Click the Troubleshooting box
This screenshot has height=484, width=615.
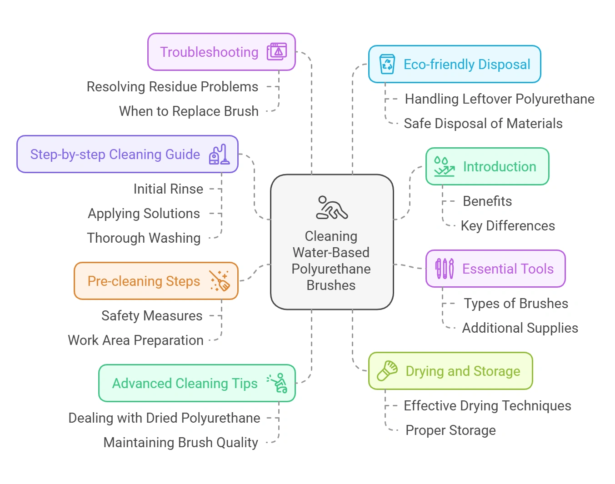coord(209,52)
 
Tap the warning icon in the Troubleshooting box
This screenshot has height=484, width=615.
coord(277,52)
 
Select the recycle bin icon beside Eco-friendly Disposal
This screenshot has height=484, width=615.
coord(387,64)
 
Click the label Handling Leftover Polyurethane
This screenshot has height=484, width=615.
coord(499,99)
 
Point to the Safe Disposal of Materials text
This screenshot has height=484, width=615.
coord(483,124)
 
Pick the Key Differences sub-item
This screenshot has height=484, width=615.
coord(507,226)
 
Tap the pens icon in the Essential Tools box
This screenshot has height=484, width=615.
coord(444,269)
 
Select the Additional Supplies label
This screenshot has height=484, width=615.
coord(520,328)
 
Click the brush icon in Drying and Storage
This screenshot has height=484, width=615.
coord(387,371)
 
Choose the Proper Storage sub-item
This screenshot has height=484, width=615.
coord(450,430)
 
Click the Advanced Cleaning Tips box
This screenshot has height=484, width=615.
coord(185,383)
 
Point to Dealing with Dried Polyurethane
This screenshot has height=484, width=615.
coord(164,418)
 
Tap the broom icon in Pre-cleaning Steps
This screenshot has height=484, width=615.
coord(220,281)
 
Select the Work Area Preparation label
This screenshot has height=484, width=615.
coord(135,340)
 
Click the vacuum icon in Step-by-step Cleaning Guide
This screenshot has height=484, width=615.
coord(219,155)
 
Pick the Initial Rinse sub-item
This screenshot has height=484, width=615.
coord(168,189)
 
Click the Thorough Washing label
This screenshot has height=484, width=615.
coord(144,238)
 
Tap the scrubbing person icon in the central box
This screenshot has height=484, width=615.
coord(331,208)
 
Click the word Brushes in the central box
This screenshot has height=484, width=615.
coord(331,285)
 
